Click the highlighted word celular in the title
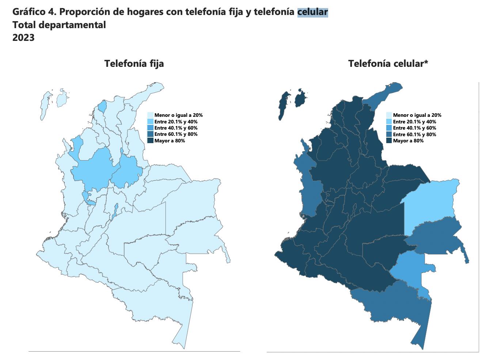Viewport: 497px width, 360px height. [x=312, y=12]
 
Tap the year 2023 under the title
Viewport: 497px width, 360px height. [x=23, y=38]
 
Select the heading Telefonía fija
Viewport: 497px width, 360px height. [x=134, y=64]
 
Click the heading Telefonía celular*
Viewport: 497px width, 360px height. [x=388, y=64]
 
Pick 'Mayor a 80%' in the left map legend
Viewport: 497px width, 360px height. [x=170, y=141]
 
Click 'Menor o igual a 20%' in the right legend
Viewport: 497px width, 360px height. [x=417, y=115]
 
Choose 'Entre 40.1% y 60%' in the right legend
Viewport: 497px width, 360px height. [x=414, y=128]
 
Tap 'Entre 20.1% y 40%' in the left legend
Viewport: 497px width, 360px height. [x=176, y=122]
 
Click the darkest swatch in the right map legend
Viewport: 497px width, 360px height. [x=389, y=141]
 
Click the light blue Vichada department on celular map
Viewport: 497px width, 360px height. [x=431, y=203]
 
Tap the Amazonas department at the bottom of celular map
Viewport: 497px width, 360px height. [x=398, y=307]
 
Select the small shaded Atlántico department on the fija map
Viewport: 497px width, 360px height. [x=103, y=106]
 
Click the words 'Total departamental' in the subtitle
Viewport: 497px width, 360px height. [x=59, y=25]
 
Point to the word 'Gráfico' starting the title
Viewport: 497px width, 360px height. [x=29, y=12]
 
